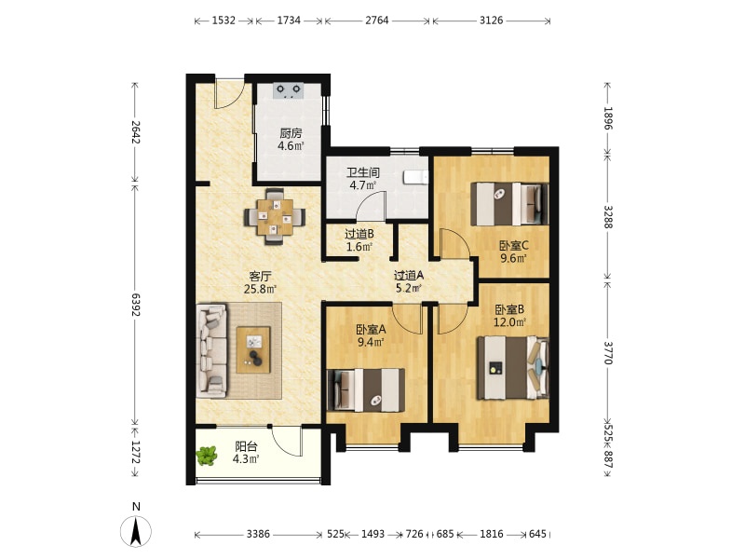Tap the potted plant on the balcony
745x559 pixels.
207,455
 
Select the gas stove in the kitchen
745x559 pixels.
288,89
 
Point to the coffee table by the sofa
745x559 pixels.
253,349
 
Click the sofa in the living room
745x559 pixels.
211,351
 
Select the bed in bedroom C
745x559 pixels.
509,204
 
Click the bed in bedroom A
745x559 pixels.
366,389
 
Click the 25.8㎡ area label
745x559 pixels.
261,289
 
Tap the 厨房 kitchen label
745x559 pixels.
291,133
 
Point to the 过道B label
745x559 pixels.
359,234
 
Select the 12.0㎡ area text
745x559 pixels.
509,322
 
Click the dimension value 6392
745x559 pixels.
136,305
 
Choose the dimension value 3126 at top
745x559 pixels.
492,20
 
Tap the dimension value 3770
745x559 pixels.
608,352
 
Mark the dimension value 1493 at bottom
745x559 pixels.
373,534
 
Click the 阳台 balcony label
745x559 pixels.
246,446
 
